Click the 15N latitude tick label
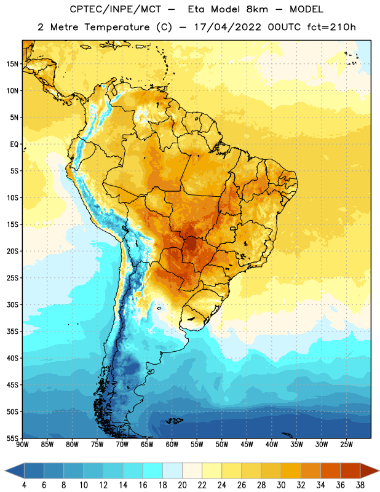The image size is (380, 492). (12, 64)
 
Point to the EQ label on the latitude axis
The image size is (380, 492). (14, 145)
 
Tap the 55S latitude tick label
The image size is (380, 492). (12, 438)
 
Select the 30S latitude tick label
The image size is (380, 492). (12, 304)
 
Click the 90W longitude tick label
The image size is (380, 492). (22, 445)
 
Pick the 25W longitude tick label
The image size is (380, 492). (346, 445)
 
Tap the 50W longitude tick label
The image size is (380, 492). (222, 445)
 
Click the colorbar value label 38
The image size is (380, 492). (360, 485)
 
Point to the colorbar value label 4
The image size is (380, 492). (24, 485)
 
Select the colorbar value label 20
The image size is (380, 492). (182, 485)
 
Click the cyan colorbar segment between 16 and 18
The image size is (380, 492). (153, 471)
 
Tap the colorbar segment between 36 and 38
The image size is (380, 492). (350, 471)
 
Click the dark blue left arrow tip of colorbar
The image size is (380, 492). (6, 471)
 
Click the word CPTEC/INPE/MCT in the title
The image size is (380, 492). (116, 9)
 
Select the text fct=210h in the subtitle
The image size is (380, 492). (331, 27)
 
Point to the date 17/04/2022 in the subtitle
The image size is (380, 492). (228, 27)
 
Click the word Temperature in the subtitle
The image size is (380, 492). (117, 27)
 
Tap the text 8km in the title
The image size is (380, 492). (257, 9)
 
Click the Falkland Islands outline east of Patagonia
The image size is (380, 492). (174, 421)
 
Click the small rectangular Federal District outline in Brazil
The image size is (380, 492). (233, 228)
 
